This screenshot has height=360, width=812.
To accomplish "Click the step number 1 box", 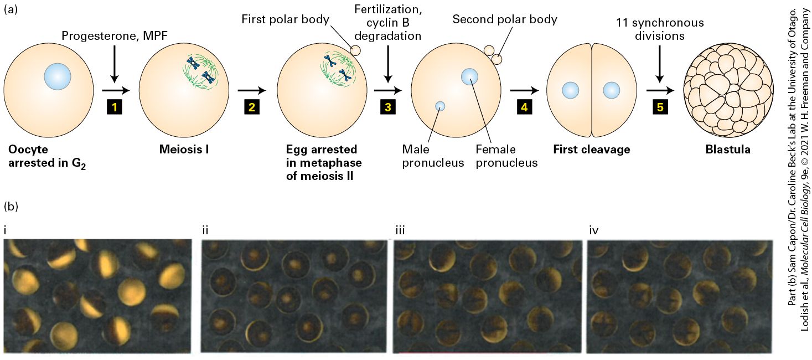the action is point(115,107).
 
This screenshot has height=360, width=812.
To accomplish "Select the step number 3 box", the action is point(388,107).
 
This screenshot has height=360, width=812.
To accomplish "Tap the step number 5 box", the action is point(660,107).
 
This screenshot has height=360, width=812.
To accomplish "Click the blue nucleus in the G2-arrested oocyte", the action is point(57,77).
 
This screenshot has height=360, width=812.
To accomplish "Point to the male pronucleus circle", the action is point(440,106).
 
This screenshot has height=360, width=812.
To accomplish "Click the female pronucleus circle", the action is point(469,76).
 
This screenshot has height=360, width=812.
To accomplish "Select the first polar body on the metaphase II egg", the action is point(355,50).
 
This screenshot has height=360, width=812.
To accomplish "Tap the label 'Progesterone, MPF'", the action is point(115,35).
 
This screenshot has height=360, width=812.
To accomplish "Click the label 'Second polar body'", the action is point(505,19).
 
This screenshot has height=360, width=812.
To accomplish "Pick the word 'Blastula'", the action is point(728,150).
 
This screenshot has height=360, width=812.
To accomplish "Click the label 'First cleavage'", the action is point(592,150).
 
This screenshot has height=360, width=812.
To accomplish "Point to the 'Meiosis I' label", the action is point(184,150).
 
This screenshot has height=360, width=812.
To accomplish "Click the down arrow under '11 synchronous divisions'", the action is point(660,64).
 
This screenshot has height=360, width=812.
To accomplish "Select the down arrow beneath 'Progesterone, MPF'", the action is point(115,64).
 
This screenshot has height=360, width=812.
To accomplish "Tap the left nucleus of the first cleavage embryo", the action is point(571,90).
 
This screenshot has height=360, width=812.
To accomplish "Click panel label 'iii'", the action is point(400,230).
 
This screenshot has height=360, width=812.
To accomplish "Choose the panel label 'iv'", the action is point(594,230).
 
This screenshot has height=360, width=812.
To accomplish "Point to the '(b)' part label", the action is point(11,206).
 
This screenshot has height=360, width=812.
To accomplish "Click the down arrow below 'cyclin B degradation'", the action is point(388,64).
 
